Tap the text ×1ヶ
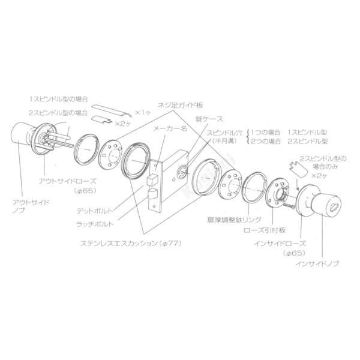coord(143,112)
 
